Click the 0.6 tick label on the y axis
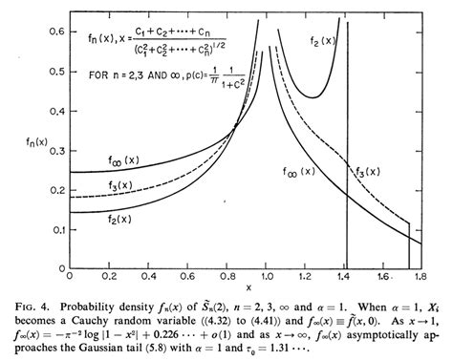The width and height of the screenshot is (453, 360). tap(55, 32)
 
